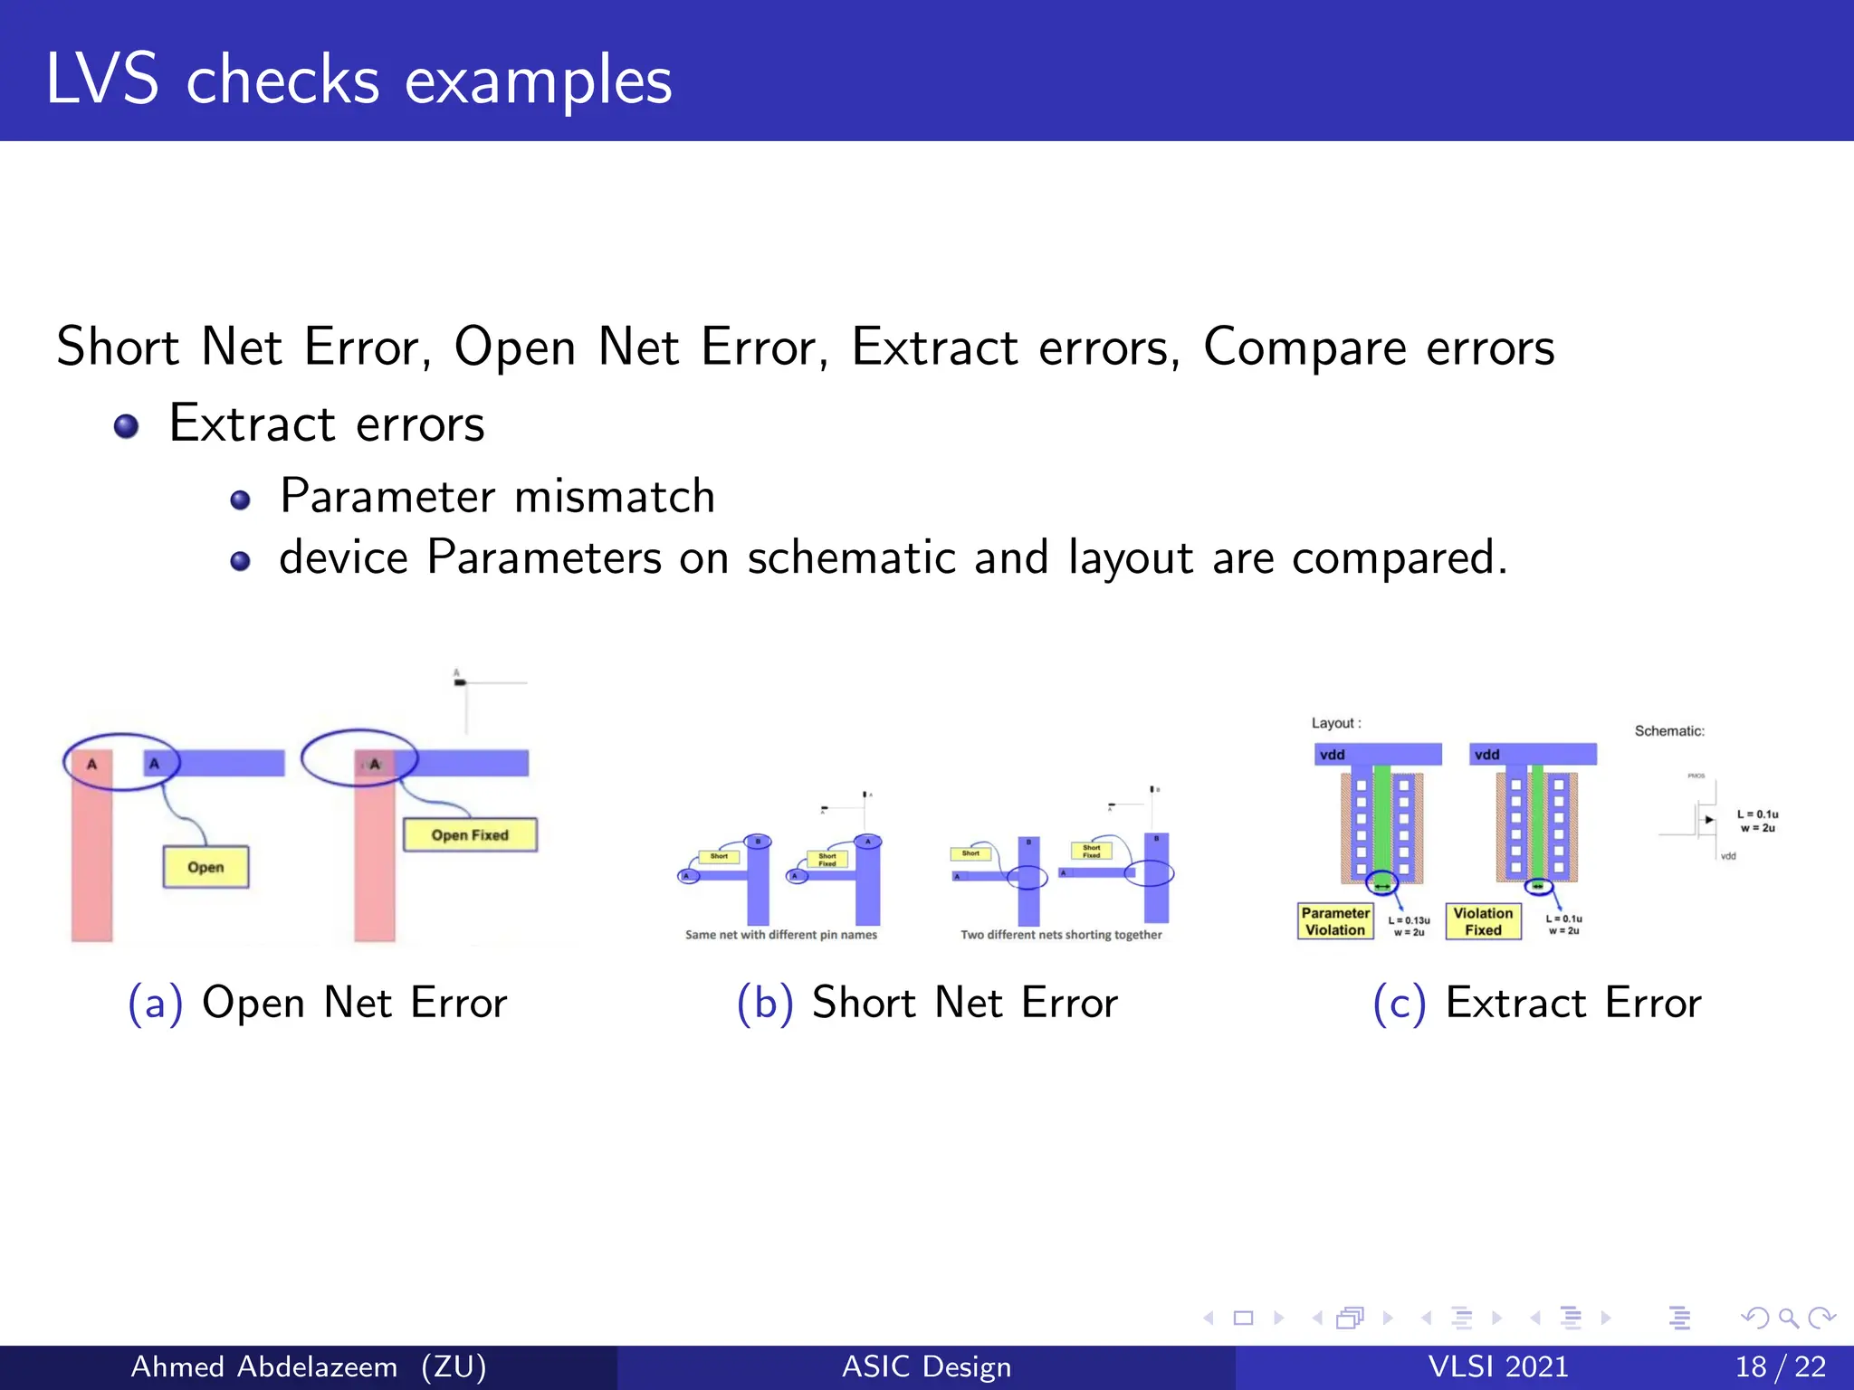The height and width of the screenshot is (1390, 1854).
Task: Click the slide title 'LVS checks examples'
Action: [358, 80]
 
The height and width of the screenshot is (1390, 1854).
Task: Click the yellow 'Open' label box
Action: [205, 867]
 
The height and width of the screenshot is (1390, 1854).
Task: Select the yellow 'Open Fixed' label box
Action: [470, 834]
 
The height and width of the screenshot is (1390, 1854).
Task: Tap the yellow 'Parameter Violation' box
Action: [1334, 921]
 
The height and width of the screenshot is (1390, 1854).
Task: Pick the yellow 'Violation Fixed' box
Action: [1483, 921]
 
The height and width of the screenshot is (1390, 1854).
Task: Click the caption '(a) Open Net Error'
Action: [317, 1003]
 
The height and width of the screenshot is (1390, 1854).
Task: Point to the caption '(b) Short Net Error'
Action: [927, 1003]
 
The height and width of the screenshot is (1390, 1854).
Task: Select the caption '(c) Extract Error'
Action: [1537, 1003]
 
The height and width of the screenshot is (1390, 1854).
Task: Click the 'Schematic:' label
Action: [1668, 731]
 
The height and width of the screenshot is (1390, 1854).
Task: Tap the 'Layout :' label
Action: [1336, 723]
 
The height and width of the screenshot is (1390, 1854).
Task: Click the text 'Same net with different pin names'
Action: [780, 935]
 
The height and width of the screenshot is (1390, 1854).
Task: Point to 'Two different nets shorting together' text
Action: [1061, 935]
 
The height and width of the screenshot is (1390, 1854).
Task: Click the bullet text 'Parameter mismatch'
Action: [497, 496]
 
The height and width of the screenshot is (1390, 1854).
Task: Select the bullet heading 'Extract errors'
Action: [327, 424]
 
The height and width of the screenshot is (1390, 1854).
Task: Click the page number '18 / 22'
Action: [1780, 1366]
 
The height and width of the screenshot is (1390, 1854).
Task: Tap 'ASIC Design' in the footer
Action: [926, 1366]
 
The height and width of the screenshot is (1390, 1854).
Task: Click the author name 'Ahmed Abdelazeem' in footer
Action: [264, 1366]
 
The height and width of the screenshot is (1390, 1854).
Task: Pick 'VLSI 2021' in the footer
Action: [1497, 1366]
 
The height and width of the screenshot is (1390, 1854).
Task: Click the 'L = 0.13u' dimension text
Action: [1409, 920]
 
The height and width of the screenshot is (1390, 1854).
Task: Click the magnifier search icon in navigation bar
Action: [1788, 1318]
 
